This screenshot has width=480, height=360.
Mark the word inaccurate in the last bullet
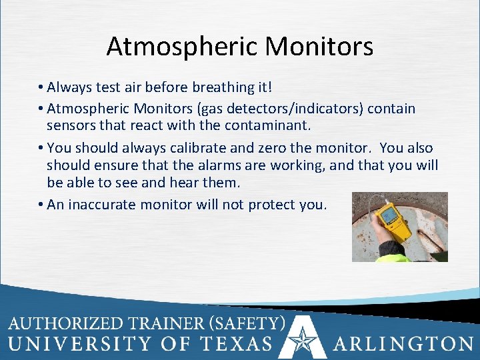tap(101, 205)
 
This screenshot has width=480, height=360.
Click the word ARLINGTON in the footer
tap(403, 345)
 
